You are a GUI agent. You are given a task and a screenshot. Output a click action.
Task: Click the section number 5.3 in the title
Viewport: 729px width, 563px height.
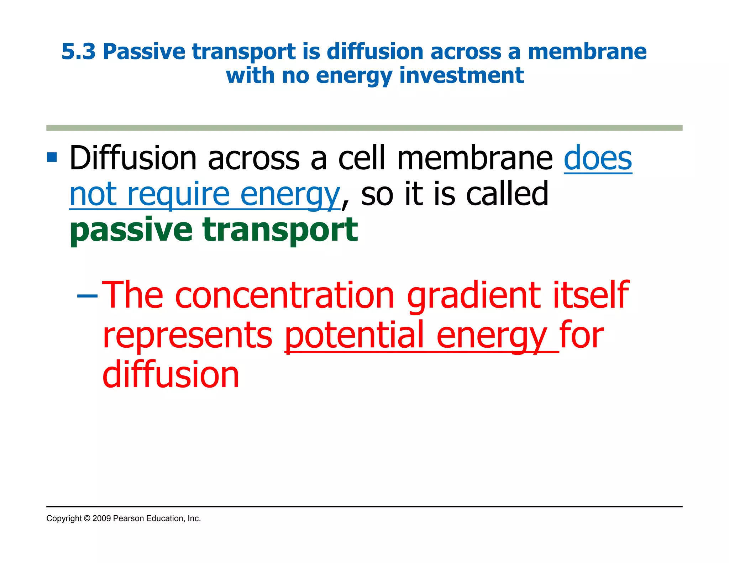[x=78, y=52]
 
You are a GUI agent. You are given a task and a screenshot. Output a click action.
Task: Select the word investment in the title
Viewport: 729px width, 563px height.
[x=461, y=75]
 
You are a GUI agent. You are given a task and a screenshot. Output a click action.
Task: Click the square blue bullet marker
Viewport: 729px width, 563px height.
[x=52, y=157]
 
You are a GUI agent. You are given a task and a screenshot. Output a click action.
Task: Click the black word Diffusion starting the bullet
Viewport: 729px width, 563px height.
[x=133, y=158]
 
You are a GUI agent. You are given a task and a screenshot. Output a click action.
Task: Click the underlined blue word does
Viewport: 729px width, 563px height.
[x=598, y=158]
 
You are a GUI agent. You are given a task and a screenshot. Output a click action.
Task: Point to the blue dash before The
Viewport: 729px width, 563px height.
[x=87, y=295]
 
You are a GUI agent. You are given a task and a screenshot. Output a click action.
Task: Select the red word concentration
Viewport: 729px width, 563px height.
[x=284, y=295]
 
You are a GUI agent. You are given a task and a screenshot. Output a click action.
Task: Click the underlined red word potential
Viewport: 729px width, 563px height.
[x=355, y=335]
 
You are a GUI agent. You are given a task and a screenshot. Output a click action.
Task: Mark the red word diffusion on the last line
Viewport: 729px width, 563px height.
[x=171, y=375]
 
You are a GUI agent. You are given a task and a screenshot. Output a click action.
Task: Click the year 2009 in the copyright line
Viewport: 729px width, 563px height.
[x=101, y=519]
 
